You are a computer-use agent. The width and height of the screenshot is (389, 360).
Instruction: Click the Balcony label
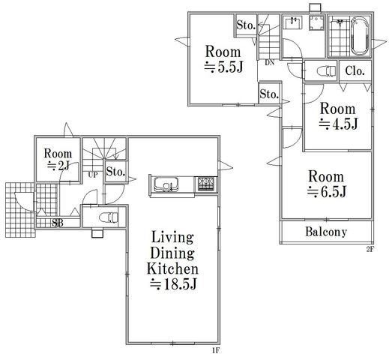326,232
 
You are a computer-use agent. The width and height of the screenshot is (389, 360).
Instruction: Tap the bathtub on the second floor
360,36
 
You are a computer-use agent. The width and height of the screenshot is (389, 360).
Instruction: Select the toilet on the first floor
109,217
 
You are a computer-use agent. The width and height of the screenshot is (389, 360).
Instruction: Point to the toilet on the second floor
326,70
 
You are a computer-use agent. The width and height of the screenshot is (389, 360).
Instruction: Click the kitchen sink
166,184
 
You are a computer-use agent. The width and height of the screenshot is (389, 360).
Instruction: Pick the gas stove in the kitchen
206,184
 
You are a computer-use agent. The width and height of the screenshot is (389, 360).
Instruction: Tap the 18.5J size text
173,284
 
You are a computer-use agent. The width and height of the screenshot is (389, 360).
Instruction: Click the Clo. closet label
355,71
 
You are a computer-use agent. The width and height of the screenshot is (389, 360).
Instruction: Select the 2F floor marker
370,250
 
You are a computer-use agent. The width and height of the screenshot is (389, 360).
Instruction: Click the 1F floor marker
216,350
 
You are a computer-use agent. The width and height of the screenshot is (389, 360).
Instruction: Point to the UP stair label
93,175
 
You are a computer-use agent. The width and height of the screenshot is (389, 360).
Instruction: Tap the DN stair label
270,63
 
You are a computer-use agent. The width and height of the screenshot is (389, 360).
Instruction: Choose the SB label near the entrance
58,223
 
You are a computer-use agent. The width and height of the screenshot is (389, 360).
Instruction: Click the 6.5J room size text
326,192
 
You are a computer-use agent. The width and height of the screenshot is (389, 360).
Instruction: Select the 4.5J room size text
338,124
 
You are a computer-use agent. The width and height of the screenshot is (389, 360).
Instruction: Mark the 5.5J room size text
223,67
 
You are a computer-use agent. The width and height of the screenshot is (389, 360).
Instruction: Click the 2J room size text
58,166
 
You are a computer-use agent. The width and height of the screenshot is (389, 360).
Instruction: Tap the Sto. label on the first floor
115,172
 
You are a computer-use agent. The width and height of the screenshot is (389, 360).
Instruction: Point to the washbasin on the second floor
292,23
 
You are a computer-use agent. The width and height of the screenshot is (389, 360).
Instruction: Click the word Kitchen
172,268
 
